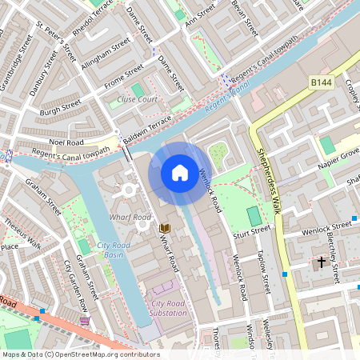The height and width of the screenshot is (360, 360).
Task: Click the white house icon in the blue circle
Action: tap(180, 172)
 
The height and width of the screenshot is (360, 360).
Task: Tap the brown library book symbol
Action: tap(165, 229)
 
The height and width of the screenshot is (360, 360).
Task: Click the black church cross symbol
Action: tap(322, 262)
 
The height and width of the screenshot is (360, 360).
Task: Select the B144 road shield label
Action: tap(322, 82)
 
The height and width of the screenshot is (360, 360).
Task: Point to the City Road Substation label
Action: tap(167, 307)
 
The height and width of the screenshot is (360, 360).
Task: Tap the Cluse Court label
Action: tap(138, 99)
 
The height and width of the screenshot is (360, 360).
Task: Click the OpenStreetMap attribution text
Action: tap(80, 354)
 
